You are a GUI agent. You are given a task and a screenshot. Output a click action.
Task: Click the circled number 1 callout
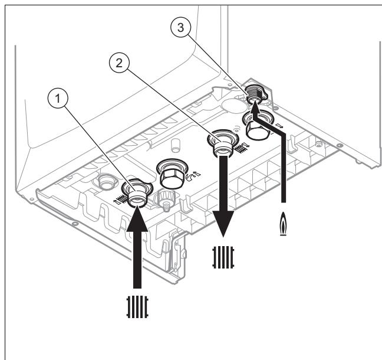58,99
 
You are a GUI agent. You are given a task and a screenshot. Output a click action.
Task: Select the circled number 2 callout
119,63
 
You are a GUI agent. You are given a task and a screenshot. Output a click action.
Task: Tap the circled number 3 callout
180,27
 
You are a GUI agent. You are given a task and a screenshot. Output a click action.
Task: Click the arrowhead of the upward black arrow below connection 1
137,218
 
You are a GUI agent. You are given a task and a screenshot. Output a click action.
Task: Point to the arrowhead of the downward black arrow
223,224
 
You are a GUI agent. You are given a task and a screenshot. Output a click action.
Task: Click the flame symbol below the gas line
283,224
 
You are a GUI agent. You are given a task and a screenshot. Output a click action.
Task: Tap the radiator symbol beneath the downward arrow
223,257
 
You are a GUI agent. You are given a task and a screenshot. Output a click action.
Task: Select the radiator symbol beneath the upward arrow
137,307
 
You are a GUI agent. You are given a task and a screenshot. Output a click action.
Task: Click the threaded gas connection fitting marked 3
255,94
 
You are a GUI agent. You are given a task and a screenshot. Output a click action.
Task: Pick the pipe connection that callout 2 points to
222,145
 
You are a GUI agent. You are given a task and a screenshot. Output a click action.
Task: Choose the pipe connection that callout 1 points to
137,194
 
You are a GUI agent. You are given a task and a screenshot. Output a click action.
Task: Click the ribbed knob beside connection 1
167,199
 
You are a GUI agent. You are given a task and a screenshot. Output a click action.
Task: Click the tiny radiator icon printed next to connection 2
241,148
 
